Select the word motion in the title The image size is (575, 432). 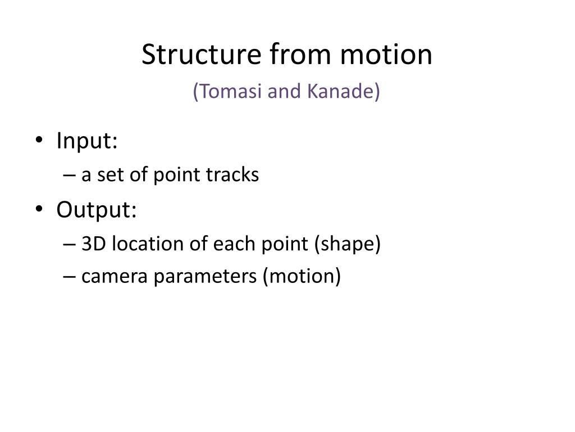[387, 55]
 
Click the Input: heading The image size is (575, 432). [87, 141]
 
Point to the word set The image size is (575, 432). [107, 175]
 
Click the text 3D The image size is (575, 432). [92, 244]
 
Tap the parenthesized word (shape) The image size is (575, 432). [348, 245]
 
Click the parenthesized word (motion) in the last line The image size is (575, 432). [302, 277]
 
